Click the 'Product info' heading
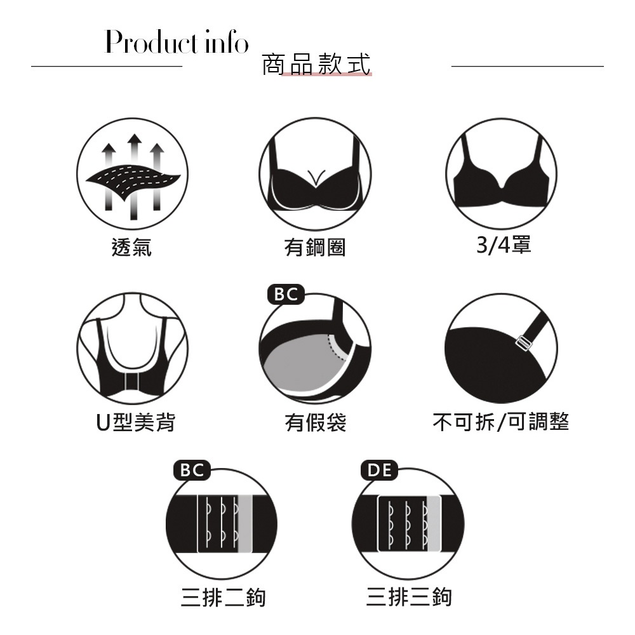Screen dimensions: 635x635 (177, 42)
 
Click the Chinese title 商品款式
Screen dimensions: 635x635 (316, 64)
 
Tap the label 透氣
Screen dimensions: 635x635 (131, 247)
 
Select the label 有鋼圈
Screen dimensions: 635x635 (315, 247)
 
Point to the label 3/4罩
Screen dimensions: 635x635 (504, 244)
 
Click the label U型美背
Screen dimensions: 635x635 (136, 422)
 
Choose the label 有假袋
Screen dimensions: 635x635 (315, 422)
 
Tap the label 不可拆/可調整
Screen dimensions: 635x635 (501, 422)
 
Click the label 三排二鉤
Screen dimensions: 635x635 (223, 598)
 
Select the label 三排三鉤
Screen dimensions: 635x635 (408, 597)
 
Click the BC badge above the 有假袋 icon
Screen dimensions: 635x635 (286, 295)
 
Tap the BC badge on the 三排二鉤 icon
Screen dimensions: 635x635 (192, 470)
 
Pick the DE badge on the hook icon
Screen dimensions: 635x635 (380, 470)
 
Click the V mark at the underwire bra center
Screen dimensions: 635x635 (316, 177)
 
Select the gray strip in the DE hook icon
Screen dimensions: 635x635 (434, 523)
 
